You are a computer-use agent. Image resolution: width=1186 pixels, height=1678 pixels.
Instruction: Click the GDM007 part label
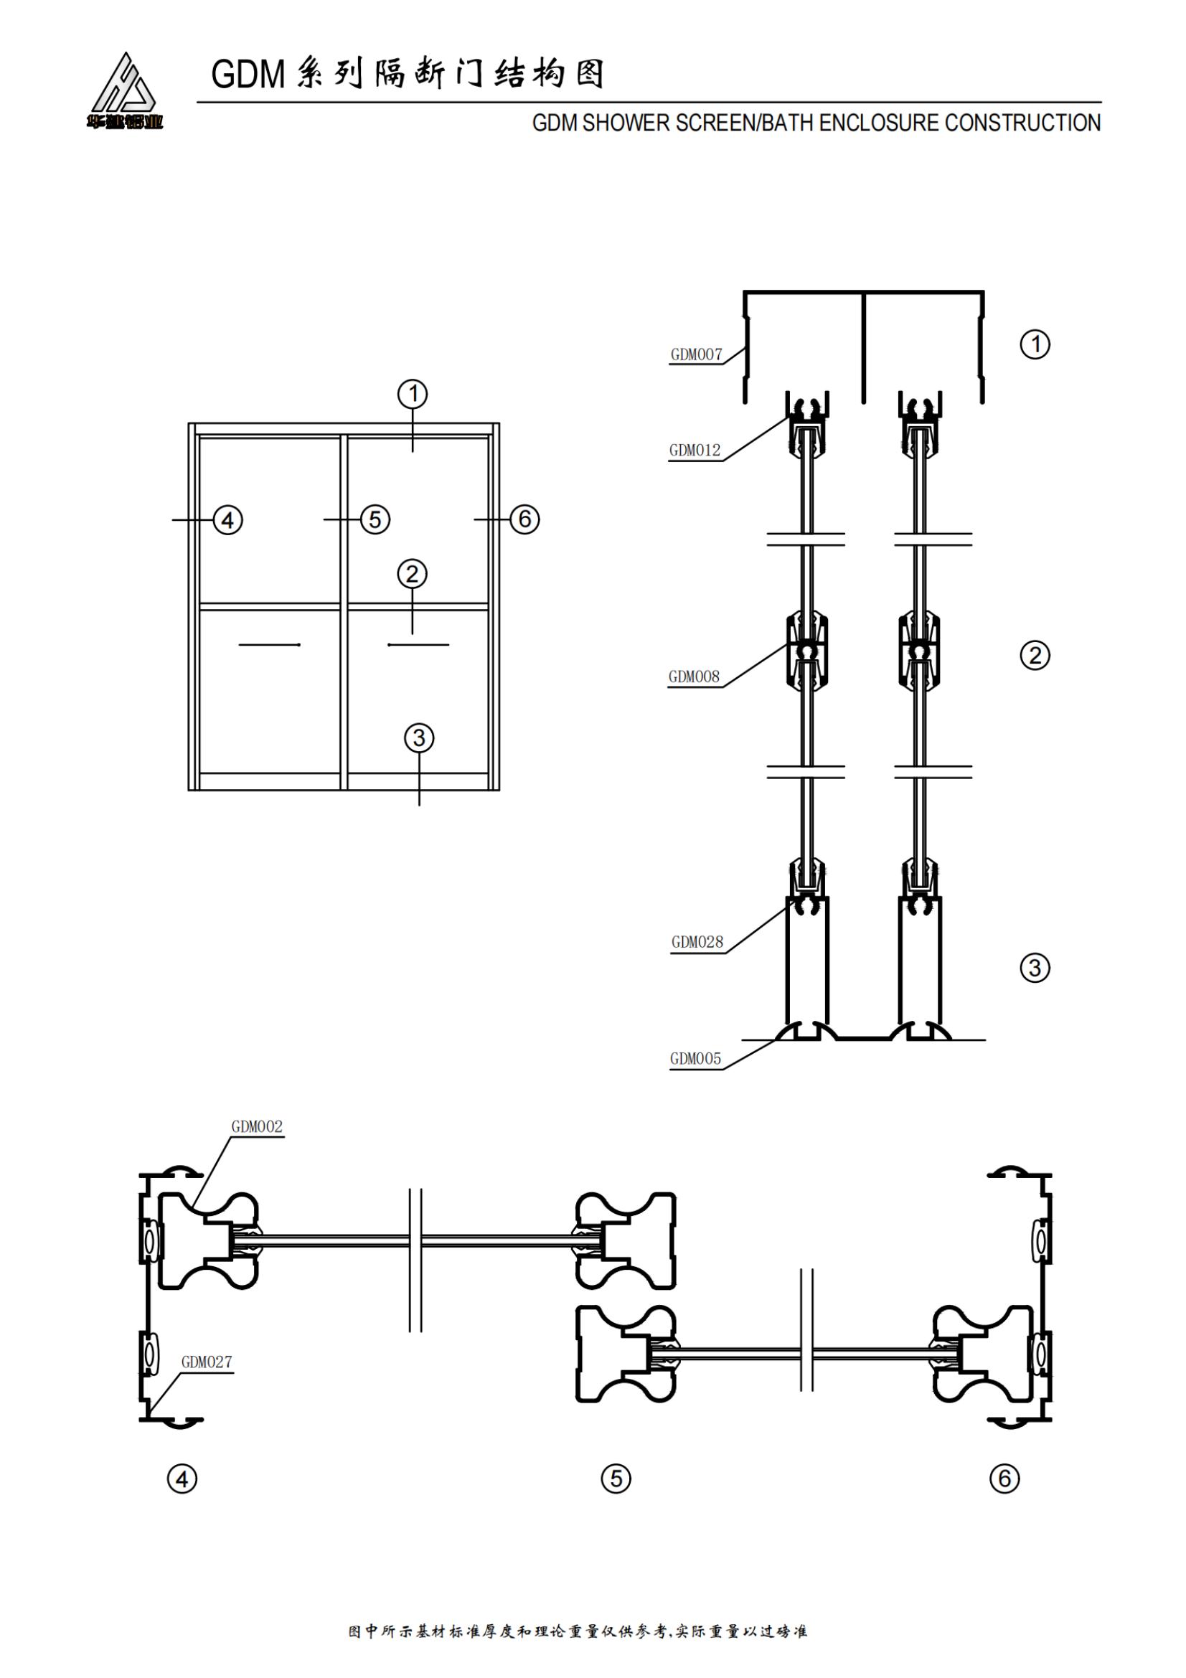(696, 355)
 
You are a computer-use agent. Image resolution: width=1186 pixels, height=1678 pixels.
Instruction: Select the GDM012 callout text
(695, 451)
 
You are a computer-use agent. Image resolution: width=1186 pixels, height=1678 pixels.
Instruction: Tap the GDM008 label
(694, 677)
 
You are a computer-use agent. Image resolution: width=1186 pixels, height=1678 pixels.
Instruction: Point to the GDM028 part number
(697, 943)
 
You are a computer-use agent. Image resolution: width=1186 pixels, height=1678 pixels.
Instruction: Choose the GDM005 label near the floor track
(695, 1059)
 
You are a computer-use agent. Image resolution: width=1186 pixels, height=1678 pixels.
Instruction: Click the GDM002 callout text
(256, 1127)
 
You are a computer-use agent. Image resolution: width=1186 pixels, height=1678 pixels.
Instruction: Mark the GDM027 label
(206, 1362)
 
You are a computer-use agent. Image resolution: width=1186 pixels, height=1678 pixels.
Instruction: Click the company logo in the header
(124, 90)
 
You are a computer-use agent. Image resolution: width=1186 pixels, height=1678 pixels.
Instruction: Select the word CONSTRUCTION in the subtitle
(1022, 123)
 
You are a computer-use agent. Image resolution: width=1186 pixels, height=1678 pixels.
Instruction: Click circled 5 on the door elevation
(375, 519)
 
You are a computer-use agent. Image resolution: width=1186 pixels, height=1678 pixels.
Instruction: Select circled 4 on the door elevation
(227, 520)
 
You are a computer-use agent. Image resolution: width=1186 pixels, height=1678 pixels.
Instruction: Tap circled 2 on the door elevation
(412, 574)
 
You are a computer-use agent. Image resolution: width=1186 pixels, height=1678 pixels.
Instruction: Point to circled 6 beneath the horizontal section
(1004, 1479)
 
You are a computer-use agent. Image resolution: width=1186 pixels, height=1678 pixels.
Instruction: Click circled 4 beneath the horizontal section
(182, 1480)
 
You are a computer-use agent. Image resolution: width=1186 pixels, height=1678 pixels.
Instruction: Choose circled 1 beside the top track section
(1035, 344)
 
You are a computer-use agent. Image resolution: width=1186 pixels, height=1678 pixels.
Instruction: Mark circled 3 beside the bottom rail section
(1035, 968)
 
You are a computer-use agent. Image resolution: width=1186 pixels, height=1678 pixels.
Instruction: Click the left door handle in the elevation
(270, 645)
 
